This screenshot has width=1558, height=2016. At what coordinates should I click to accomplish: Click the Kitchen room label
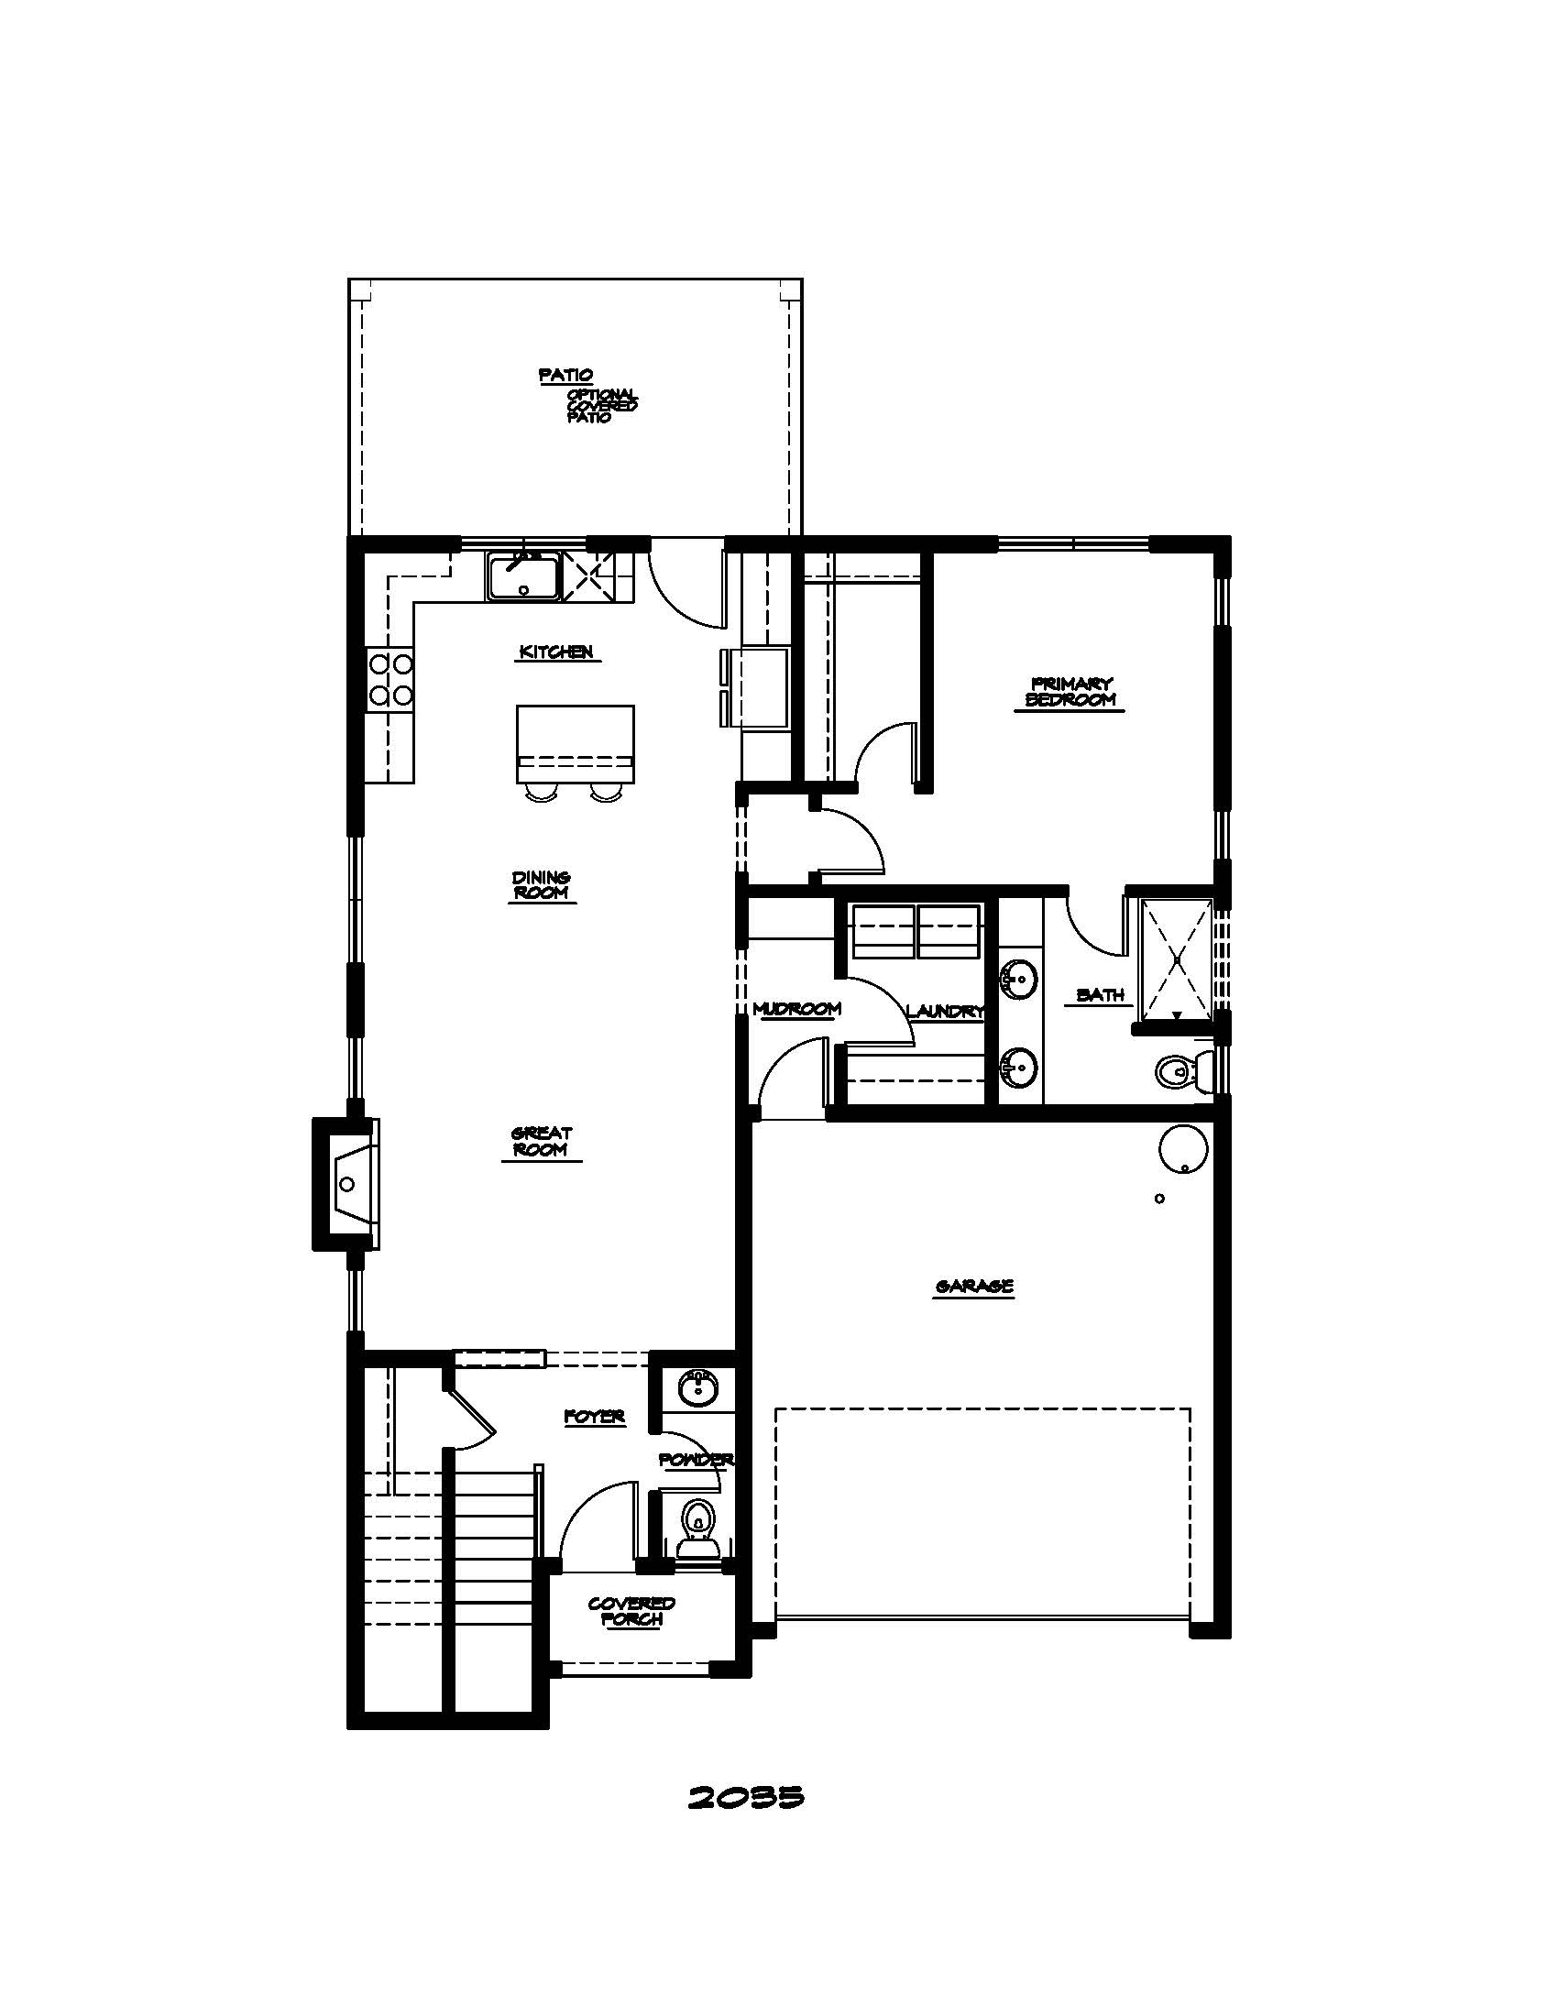(555, 652)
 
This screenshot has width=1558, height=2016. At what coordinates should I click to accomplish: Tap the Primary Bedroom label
(1070, 691)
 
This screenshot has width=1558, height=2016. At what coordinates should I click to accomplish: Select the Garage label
(973, 1286)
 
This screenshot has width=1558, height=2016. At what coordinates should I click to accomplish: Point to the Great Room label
(542, 1141)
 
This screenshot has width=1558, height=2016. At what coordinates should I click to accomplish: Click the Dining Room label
(542, 885)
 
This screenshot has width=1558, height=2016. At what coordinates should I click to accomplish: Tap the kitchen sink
(523, 577)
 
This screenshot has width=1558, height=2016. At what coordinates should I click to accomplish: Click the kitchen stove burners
(390, 678)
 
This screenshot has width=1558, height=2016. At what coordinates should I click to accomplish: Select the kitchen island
(575, 744)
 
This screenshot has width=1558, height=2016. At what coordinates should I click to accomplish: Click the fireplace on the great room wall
(347, 1184)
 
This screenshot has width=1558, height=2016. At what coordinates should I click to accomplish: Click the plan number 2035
(746, 1796)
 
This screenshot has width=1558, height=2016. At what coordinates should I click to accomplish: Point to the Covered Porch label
(631, 1611)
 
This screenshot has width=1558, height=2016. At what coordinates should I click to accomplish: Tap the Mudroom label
(796, 1009)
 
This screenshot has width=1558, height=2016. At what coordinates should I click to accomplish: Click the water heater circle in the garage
(1183, 1150)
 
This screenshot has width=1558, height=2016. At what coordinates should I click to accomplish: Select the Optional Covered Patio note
(601, 406)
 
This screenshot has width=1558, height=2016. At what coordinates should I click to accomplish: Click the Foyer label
(596, 1416)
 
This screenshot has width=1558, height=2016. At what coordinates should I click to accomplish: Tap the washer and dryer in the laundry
(916, 931)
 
